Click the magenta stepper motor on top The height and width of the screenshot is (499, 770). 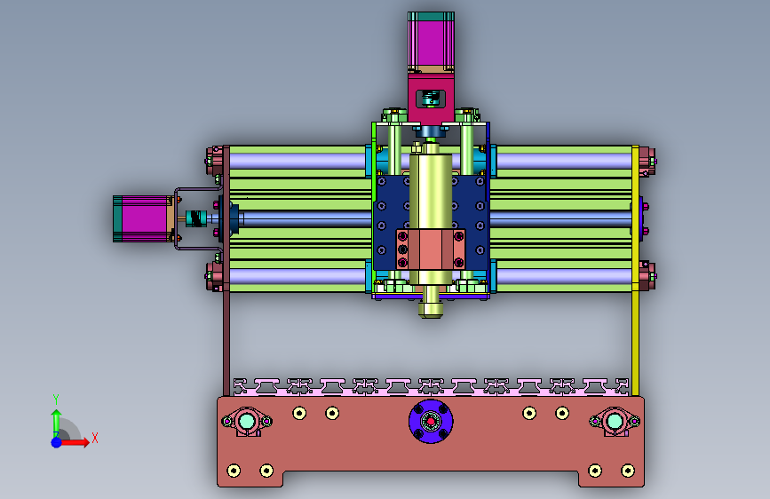pyautogui.click(x=431, y=42)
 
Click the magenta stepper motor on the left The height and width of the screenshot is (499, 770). pyautogui.click(x=143, y=218)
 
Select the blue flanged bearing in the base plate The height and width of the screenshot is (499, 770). pyautogui.click(x=431, y=422)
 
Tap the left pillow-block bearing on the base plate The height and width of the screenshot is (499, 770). pyautogui.click(x=247, y=422)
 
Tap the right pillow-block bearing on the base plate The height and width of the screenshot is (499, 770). pyautogui.click(x=615, y=422)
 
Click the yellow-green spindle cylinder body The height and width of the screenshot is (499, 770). pyautogui.click(x=431, y=192)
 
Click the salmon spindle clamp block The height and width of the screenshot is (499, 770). pyautogui.click(x=431, y=249)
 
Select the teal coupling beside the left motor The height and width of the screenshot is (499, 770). pyautogui.click(x=196, y=218)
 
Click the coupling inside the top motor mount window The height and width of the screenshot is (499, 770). pyautogui.click(x=431, y=99)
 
